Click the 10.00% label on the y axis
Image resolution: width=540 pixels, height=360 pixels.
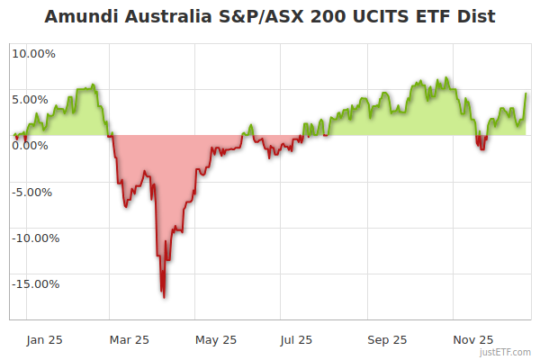(33, 53)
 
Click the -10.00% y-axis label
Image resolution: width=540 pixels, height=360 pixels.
(34, 238)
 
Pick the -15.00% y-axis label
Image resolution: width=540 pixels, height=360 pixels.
(34, 284)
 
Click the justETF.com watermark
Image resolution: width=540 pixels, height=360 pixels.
(505, 352)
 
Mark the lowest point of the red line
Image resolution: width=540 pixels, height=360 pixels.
(163, 296)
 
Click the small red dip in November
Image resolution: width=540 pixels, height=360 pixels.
(482, 147)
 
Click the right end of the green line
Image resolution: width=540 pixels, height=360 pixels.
(526, 94)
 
